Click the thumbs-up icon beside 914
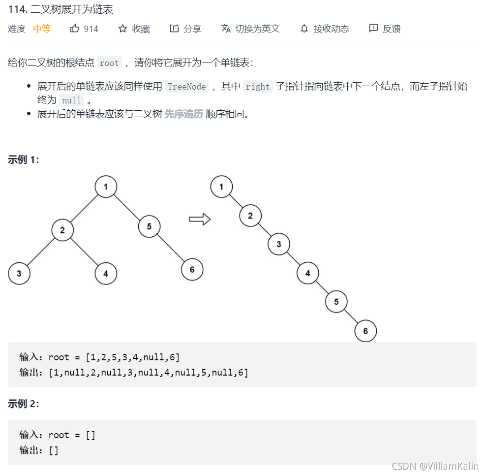pyautogui.click(x=75, y=29)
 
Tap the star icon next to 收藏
pyautogui.click(x=122, y=29)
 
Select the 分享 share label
pyautogui.click(x=192, y=29)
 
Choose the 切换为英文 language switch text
pyautogui.click(x=257, y=29)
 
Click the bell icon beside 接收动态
pyautogui.click(x=304, y=29)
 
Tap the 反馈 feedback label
pyautogui.click(x=392, y=29)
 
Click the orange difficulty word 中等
pyautogui.click(x=42, y=29)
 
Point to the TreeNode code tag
pyautogui.click(x=186, y=87)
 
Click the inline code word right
pyautogui.click(x=258, y=87)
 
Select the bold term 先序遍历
pyautogui.click(x=183, y=114)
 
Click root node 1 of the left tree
pyautogui.click(x=106, y=187)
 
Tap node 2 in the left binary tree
pyautogui.click(x=62, y=230)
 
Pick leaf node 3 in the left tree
pyautogui.click(x=19, y=273)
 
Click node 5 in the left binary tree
pyautogui.click(x=149, y=226)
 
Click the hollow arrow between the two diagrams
pyautogui.click(x=200, y=219)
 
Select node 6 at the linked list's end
pyautogui.click(x=365, y=331)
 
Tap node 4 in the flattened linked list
pyautogui.click(x=308, y=273)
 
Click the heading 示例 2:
pyautogui.click(x=24, y=404)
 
